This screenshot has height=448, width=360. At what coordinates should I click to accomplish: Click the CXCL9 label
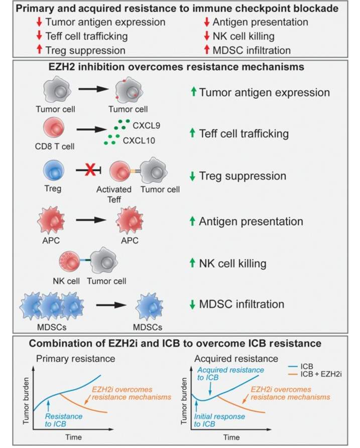[147, 125]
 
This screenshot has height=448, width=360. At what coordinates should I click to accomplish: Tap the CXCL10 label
[139, 140]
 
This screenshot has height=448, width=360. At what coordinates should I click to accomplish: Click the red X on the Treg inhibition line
[90, 170]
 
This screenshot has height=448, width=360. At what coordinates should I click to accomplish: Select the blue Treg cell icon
[53, 171]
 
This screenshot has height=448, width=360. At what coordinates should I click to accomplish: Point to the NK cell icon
[69, 261]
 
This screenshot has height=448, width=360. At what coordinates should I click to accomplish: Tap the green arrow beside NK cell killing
[192, 263]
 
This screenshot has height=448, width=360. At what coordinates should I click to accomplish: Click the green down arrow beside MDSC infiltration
[192, 305]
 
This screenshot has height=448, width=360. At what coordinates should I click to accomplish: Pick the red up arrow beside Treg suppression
[40, 50]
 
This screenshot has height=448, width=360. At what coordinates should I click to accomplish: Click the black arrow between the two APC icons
[91, 220]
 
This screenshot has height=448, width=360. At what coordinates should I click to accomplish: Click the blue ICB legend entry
[301, 366]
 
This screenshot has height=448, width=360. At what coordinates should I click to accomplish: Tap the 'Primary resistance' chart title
[75, 359]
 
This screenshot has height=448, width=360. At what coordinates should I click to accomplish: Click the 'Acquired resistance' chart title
[236, 359]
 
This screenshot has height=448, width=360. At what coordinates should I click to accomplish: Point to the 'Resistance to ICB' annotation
[63, 420]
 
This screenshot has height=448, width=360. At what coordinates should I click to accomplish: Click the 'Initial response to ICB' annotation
[219, 420]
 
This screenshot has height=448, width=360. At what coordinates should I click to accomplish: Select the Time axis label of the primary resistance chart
[73, 437]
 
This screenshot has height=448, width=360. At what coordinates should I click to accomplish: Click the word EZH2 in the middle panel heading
[61, 67]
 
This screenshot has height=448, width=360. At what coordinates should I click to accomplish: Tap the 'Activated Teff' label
[114, 194]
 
